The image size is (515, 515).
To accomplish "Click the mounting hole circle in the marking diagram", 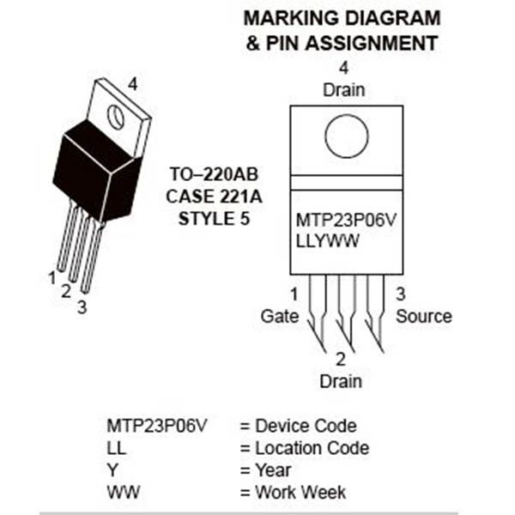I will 347,136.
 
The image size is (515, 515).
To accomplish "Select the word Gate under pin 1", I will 279,316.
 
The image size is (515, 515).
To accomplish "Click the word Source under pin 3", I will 423,316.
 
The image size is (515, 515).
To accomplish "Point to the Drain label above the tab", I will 343,89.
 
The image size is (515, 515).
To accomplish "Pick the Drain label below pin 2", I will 341,380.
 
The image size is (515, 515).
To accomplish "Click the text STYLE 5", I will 215,218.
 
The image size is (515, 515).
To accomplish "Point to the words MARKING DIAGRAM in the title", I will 342,18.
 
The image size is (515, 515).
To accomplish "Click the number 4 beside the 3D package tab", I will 132,83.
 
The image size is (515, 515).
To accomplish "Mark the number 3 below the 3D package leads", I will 82,306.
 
